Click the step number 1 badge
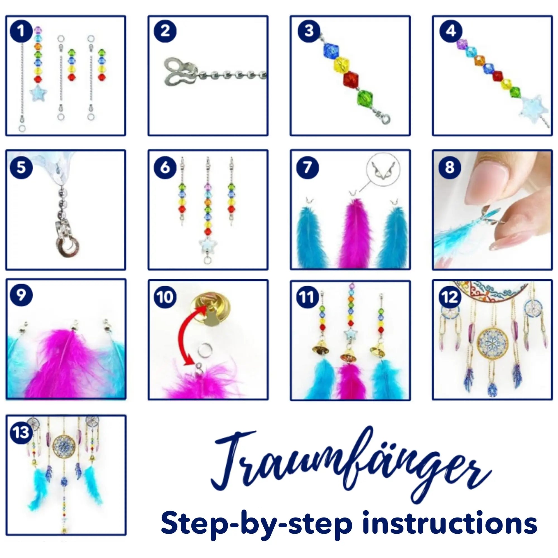click(x=21, y=31)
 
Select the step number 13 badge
click(x=21, y=432)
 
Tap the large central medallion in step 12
click(x=492, y=343)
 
